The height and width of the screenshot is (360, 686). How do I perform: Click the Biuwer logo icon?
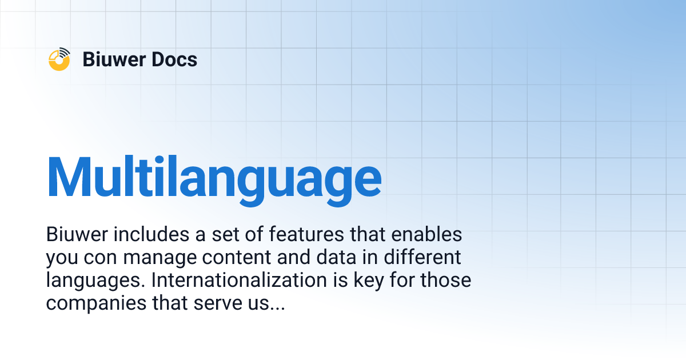click(x=59, y=59)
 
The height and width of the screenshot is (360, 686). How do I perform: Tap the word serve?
click(x=212, y=303)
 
